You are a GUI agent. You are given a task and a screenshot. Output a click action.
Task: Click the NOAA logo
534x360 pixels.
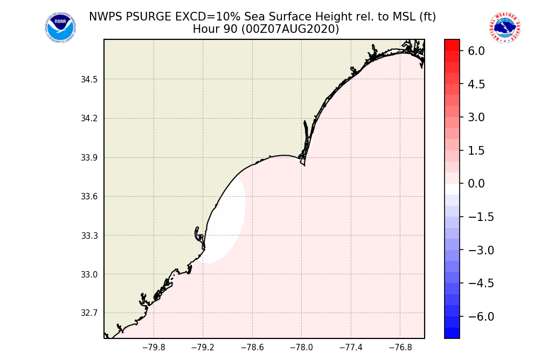[x=60, y=27]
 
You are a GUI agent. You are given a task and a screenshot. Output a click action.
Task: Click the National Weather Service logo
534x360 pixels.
[x=504, y=27]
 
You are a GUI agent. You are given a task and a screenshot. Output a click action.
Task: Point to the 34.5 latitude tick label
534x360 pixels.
[x=89, y=80]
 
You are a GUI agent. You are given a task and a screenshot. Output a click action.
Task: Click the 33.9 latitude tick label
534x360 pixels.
[x=89, y=158]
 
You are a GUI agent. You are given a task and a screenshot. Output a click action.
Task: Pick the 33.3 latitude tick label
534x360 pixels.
[x=89, y=236]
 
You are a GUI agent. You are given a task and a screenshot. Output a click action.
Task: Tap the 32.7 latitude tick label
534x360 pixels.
[x=89, y=313]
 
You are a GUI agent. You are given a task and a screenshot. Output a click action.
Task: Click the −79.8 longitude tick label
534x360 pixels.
[x=153, y=348]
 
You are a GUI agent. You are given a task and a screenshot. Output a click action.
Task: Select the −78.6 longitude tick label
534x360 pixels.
[x=252, y=348]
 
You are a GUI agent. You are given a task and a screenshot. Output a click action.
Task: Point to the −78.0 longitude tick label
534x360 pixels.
[x=301, y=348]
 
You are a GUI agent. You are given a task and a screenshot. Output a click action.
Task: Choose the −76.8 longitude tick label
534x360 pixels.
[x=400, y=348]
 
